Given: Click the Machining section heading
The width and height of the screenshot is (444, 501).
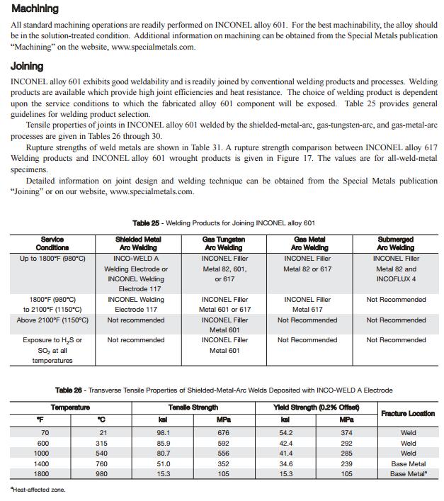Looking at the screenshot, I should point(35,9).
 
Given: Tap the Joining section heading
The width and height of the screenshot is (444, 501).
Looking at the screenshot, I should point(27,66).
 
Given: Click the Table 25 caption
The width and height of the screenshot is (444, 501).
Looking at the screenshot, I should point(223,223).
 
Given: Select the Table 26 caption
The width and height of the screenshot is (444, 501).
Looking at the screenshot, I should point(223,390).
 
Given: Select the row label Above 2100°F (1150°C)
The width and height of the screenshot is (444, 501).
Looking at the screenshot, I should point(52,320).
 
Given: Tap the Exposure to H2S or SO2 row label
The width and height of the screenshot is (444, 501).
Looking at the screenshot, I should point(52,350).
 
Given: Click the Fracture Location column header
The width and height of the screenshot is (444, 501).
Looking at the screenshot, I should point(407,413).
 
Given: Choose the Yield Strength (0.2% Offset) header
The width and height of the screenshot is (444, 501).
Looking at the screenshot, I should point(316,407).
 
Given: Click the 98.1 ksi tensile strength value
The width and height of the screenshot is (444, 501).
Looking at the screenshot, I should point(164,432).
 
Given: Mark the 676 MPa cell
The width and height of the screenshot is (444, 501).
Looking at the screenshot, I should point(224,432).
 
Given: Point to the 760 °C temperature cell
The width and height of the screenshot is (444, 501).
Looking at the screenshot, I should point(102,463).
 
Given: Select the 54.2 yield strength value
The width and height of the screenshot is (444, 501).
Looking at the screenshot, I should point(285,432).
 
